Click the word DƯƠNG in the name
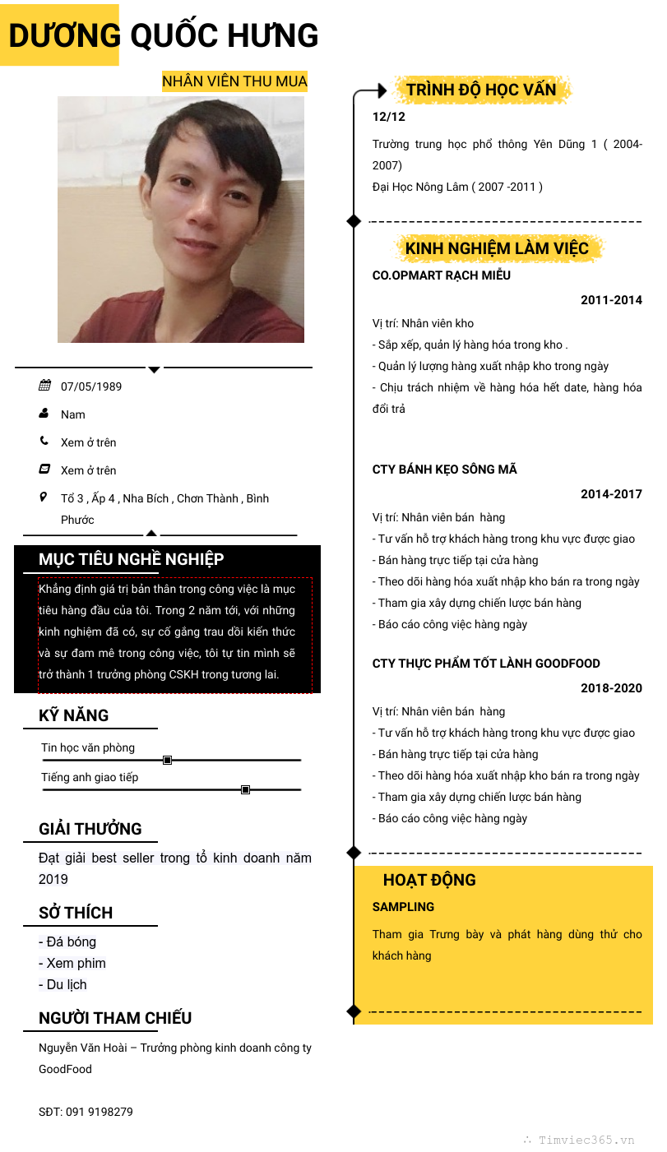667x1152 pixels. (x=64, y=36)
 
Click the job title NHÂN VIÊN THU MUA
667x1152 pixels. (x=234, y=81)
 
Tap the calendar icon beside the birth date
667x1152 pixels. (x=44, y=386)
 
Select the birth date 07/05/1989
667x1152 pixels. (x=91, y=386)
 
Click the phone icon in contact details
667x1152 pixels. (x=44, y=442)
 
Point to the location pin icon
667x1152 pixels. (x=44, y=497)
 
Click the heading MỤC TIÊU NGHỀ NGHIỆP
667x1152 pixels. (x=131, y=560)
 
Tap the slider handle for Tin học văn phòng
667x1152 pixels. (x=167, y=761)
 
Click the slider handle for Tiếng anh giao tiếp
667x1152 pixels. (x=245, y=790)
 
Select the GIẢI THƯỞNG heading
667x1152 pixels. (x=90, y=829)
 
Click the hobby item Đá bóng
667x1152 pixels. (x=67, y=941)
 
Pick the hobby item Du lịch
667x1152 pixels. (x=63, y=984)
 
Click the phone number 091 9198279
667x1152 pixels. (x=99, y=1112)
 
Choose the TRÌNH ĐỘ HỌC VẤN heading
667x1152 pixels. (x=481, y=90)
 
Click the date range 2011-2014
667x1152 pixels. (x=611, y=300)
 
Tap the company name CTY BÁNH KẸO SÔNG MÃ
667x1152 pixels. (x=445, y=470)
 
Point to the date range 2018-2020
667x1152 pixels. (x=611, y=688)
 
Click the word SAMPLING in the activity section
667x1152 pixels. (x=403, y=907)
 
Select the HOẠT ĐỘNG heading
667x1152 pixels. (x=429, y=880)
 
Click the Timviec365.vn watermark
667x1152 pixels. (x=586, y=1140)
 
